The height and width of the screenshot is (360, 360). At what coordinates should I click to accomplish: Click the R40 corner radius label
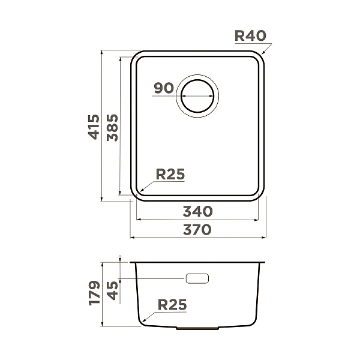coord(250,36)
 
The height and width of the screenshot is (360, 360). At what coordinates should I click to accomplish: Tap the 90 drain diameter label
coord(164,88)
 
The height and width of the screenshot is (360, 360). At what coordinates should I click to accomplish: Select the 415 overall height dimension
coord(94,127)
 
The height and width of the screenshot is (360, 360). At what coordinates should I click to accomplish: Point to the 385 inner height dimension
coord(113,127)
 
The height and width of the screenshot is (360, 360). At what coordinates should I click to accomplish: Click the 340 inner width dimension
coord(197,211)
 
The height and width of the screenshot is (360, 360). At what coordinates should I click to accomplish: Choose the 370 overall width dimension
coord(197,230)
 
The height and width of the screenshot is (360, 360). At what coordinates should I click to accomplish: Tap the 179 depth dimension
coord(94,293)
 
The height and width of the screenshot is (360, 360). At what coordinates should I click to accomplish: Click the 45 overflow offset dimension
coord(113,290)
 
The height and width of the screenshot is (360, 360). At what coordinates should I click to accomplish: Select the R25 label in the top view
coord(170,174)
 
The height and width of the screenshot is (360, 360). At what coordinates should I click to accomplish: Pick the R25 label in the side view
coord(172,305)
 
